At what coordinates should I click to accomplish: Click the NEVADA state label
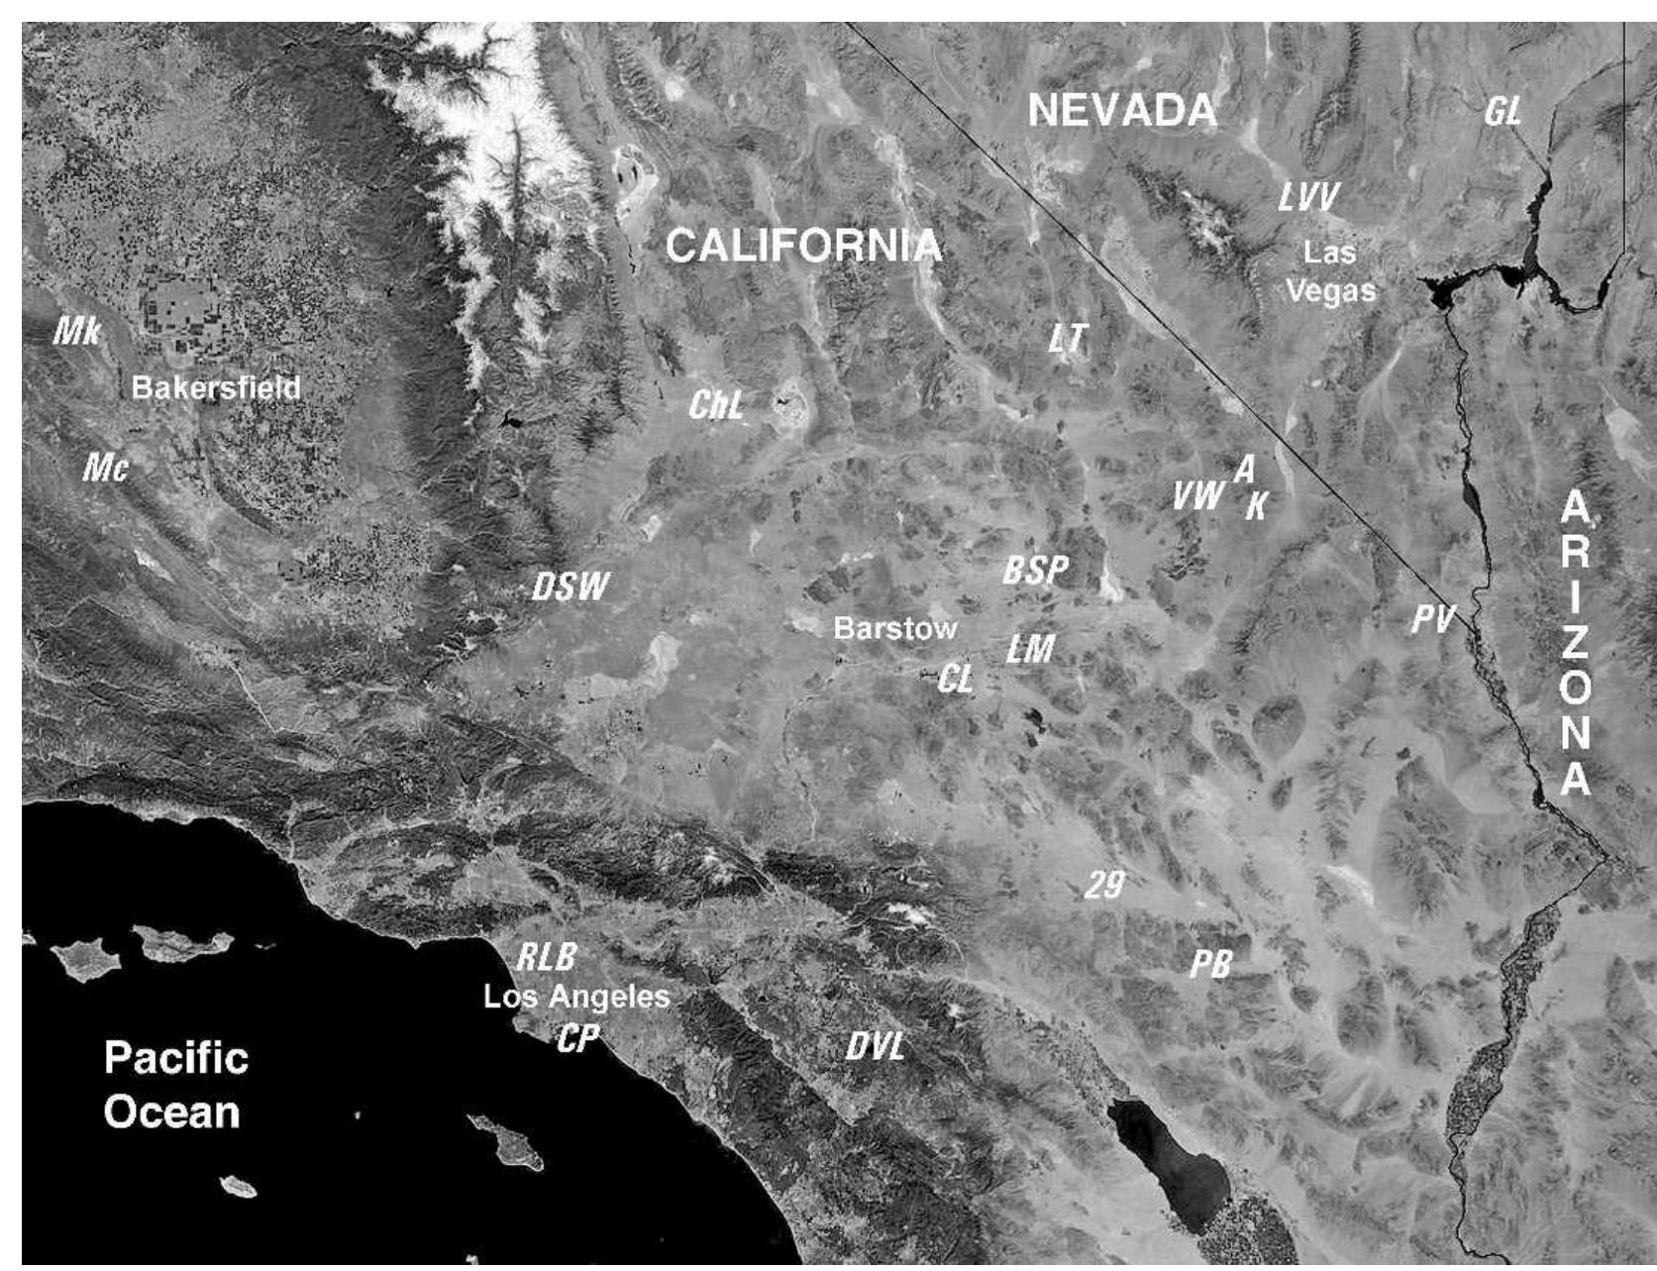[1122, 110]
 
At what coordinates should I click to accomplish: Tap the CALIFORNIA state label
[803, 246]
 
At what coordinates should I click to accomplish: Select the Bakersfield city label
[216, 387]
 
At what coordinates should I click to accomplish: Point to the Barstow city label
[895, 628]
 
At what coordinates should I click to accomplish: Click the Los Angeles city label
[576, 997]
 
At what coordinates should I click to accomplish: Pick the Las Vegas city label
[1330, 271]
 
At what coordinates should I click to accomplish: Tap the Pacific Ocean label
[175, 1085]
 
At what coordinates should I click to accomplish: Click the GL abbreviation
[1502, 112]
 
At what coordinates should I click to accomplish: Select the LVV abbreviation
[1308, 198]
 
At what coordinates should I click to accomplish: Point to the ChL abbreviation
[716, 404]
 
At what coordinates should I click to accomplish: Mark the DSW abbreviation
[570, 586]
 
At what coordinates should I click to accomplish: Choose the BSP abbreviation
[1036, 570]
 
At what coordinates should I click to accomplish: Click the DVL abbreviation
[876, 1045]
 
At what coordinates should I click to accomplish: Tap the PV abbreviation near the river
[1432, 620]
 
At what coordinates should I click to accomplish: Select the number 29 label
[1104, 885]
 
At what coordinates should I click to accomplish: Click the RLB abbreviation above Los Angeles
[547, 957]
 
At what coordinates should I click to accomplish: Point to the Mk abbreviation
[76, 331]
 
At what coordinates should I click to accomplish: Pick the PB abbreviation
[1210, 963]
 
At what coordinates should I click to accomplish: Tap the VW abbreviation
[1197, 495]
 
